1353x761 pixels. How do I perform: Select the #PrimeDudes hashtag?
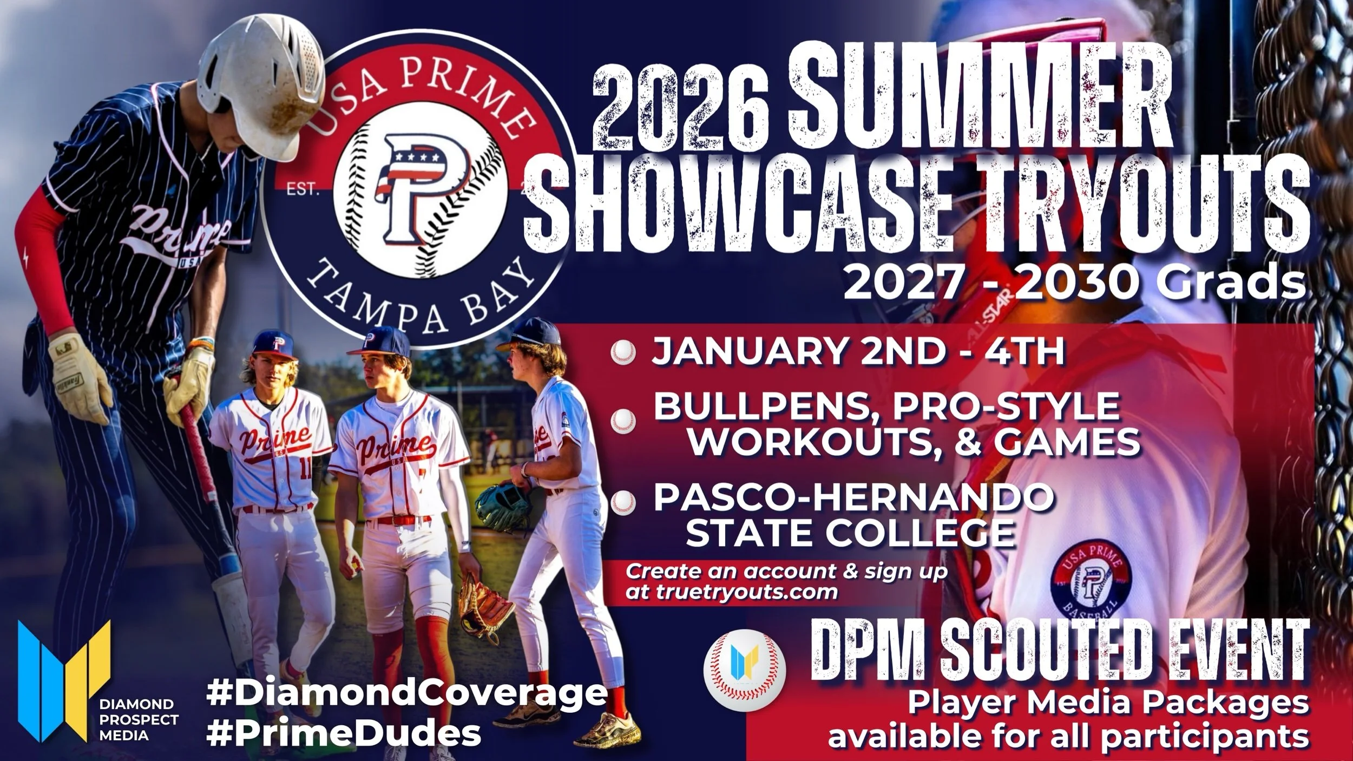pyautogui.click(x=344, y=734)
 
